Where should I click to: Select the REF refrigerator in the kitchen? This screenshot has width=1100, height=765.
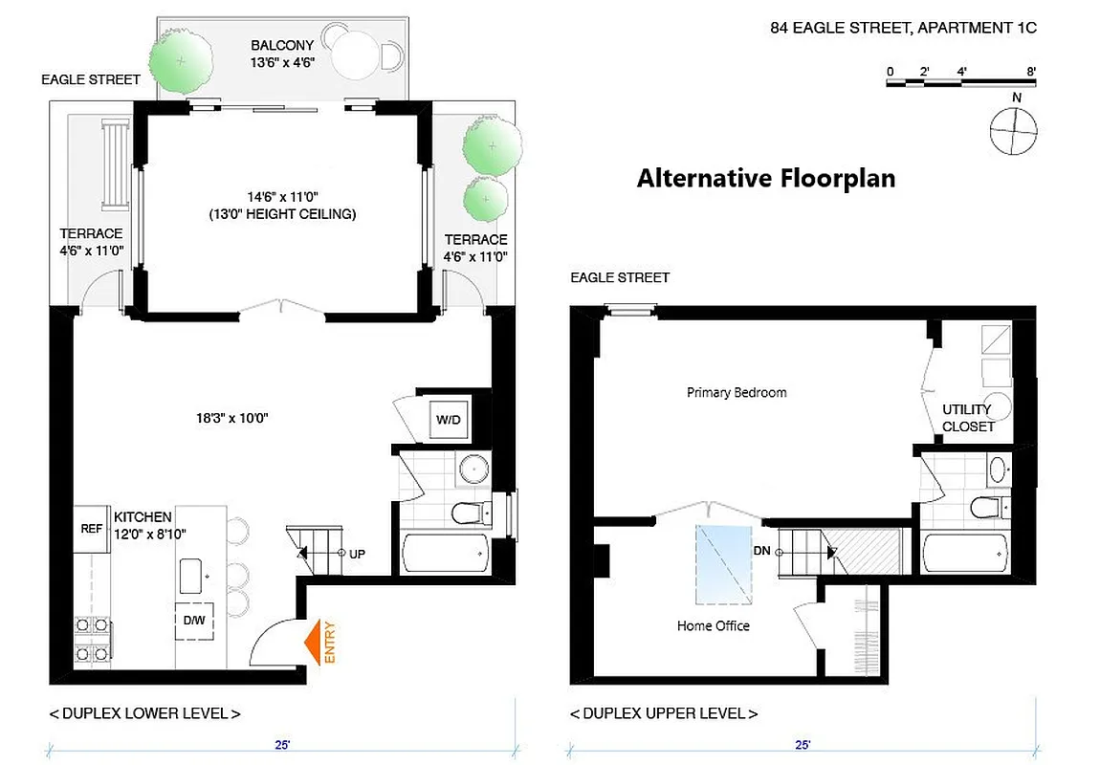(91, 527)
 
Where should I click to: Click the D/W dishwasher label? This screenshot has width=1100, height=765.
(193, 620)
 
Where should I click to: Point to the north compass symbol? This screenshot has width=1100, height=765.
(1013, 130)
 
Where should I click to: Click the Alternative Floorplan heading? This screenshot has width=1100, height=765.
(766, 179)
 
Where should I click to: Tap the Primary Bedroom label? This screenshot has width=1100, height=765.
(737, 392)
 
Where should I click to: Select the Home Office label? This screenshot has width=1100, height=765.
(713, 625)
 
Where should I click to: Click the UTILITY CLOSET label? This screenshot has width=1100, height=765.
(968, 418)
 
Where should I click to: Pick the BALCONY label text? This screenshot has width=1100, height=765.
(277, 45)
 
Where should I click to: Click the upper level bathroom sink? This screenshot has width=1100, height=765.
(997, 469)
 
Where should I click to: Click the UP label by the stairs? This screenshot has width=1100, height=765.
(357, 554)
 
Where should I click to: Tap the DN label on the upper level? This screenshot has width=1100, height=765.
(762, 551)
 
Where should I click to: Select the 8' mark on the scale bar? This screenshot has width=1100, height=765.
(1030, 71)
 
